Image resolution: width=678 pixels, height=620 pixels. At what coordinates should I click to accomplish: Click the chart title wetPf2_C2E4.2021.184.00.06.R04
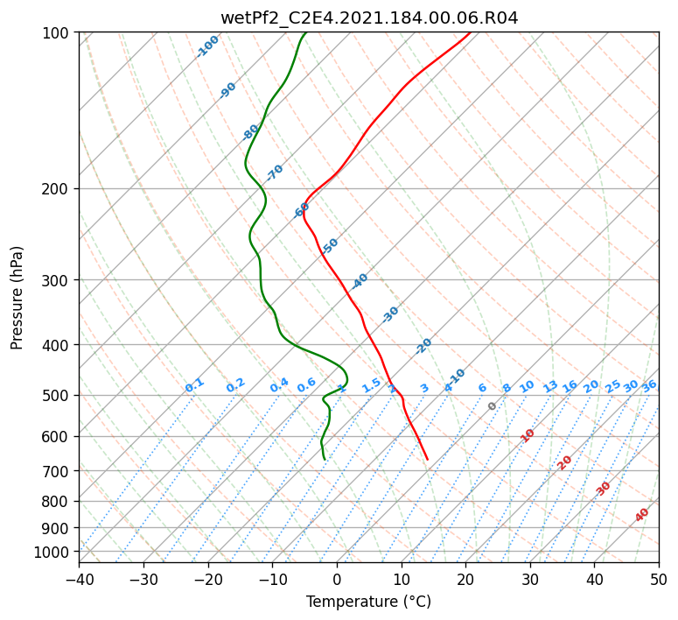click(x=368, y=18)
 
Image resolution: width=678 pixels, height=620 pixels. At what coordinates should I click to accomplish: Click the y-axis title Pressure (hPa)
click(x=17, y=298)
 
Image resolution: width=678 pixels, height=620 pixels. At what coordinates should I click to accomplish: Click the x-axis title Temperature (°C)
click(x=368, y=602)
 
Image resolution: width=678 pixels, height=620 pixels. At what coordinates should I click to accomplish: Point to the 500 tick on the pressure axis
click(x=56, y=396)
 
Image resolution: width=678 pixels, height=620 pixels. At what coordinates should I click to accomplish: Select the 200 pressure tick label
click(x=56, y=189)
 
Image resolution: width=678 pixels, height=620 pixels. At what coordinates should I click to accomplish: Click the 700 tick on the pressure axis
click(x=56, y=471)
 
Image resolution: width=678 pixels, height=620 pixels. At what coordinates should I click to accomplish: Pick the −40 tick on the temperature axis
click(x=79, y=579)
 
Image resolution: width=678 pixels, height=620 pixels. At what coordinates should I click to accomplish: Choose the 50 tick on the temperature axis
click(x=659, y=579)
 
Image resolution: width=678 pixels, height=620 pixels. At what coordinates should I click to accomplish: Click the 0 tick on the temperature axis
click(x=337, y=579)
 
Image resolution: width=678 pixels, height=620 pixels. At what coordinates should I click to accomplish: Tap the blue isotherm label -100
click(x=207, y=46)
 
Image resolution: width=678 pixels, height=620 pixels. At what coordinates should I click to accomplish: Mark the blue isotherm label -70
click(x=275, y=173)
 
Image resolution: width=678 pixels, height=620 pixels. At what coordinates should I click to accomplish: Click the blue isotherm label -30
click(x=390, y=314)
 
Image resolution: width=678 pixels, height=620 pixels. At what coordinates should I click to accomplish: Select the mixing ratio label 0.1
click(x=194, y=384)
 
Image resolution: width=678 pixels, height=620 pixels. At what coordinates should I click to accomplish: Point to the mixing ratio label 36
click(x=649, y=385)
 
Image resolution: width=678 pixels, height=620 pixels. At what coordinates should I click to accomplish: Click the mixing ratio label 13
click(x=550, y=386)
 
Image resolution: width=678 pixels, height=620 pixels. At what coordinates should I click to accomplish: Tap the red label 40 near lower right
click(x=642, y=515)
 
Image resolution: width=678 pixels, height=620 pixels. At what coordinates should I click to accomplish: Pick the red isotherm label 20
click(x=564, y=461)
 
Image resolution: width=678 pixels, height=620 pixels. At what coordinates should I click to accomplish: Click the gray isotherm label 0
click(x=493, y=406)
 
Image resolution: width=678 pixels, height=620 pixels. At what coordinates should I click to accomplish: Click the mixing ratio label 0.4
click(x=279, y=385)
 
